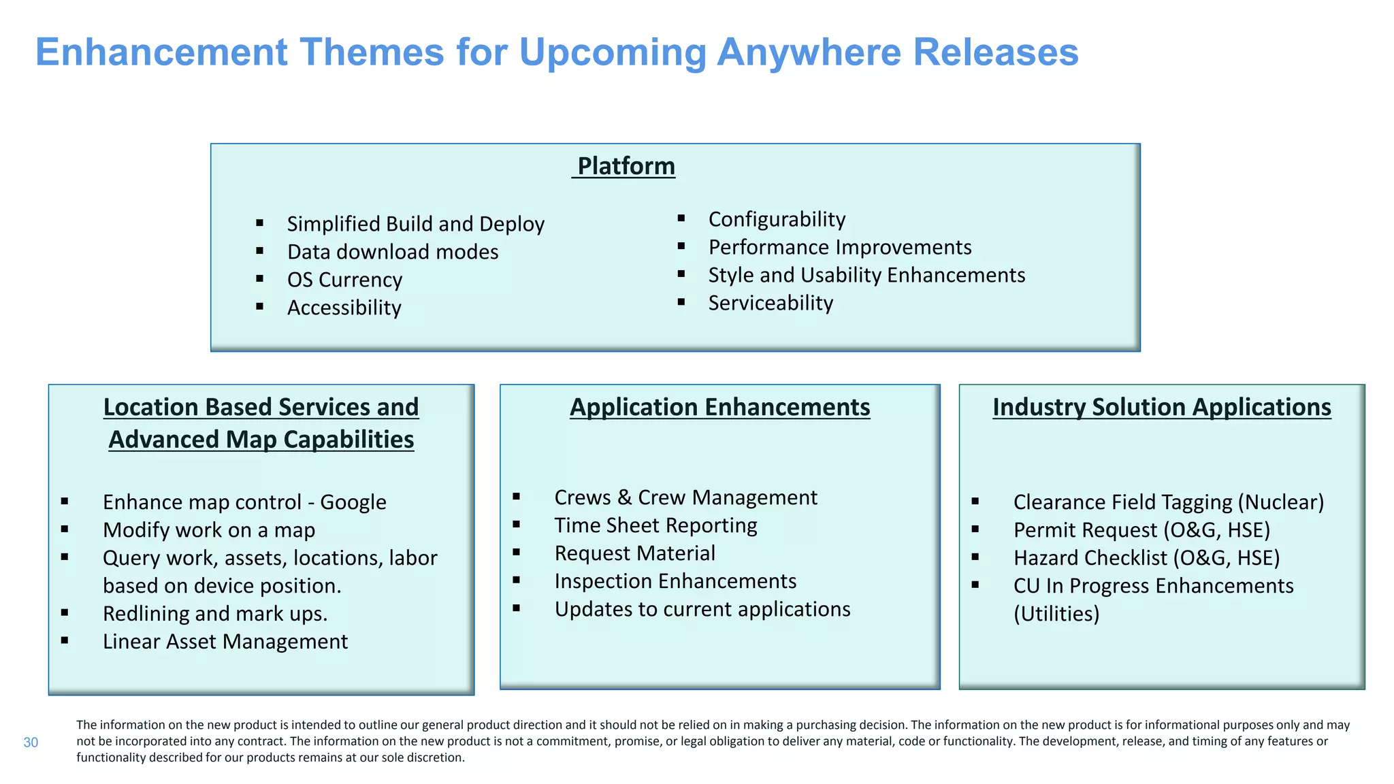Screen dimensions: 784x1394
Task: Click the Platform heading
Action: [626, 166]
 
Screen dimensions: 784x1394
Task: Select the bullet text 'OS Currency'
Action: [344, 280]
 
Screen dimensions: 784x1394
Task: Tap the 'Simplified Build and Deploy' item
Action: [415, 224]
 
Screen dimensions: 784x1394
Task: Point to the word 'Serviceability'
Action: [771, 303]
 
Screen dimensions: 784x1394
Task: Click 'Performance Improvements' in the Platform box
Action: [839, 247]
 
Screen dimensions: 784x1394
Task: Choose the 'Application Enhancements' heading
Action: [719, 407]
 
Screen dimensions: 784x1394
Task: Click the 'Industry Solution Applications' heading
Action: [1161, 407]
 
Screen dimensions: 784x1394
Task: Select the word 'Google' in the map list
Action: [353, 502]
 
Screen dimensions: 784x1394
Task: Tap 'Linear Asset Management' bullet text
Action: [225, 642]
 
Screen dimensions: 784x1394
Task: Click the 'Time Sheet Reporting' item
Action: [655, 525]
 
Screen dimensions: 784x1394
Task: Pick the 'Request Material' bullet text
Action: [634, 553]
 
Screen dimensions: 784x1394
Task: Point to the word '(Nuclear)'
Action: [1280, 502]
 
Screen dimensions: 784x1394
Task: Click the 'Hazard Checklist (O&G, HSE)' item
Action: [1146, 558]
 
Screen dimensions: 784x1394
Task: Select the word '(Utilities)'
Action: [1056, 614]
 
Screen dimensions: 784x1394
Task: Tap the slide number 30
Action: [31, 742]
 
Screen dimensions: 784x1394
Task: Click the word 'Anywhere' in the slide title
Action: [808, 52]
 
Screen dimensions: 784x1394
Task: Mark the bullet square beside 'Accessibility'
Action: [259, 307]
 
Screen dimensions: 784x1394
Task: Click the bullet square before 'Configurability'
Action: [681, 218]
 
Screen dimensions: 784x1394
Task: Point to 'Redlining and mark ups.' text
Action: [215, 614]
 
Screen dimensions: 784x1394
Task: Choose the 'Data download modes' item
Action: [393, 252]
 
